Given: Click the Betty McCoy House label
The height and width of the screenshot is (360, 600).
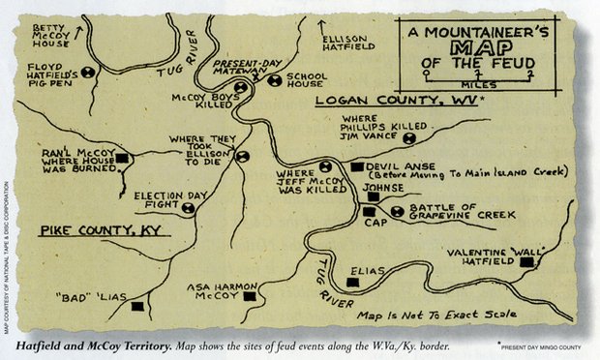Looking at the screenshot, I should pyautogui.click(x=54, y=35).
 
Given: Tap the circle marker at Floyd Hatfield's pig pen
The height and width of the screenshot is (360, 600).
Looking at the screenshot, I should pyautogui.click(x=89, y=72).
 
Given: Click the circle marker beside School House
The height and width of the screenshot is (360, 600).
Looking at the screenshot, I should pyautogui.click(x=275, y=80).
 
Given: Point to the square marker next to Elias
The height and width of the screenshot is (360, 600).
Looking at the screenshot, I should pyautogui.click(x=353, y=283).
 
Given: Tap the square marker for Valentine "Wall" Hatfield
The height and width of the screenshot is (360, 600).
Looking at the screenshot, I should pyautogui.click(x=526, y=262).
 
